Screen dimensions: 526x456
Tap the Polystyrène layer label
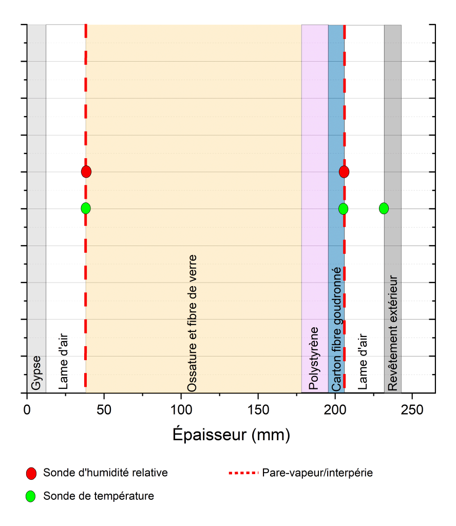click(314, 358)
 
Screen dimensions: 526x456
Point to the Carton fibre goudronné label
click(336, 329)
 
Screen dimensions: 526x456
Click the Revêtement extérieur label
click(393, 333)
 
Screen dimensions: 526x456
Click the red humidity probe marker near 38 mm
click(86, 172)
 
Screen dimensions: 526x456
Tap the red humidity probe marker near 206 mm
click(344, 172)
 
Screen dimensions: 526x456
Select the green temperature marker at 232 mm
click(384, 208)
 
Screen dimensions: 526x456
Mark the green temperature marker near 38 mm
click(86, 208)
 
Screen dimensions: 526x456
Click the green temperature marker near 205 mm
click(343, 208)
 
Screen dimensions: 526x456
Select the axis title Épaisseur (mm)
click(231, 435)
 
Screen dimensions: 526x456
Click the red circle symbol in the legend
click(31, 473)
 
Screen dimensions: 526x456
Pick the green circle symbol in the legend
click(31, 497)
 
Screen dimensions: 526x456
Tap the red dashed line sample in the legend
click(243, 473)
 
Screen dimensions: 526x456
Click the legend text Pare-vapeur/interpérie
click(317, 473)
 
